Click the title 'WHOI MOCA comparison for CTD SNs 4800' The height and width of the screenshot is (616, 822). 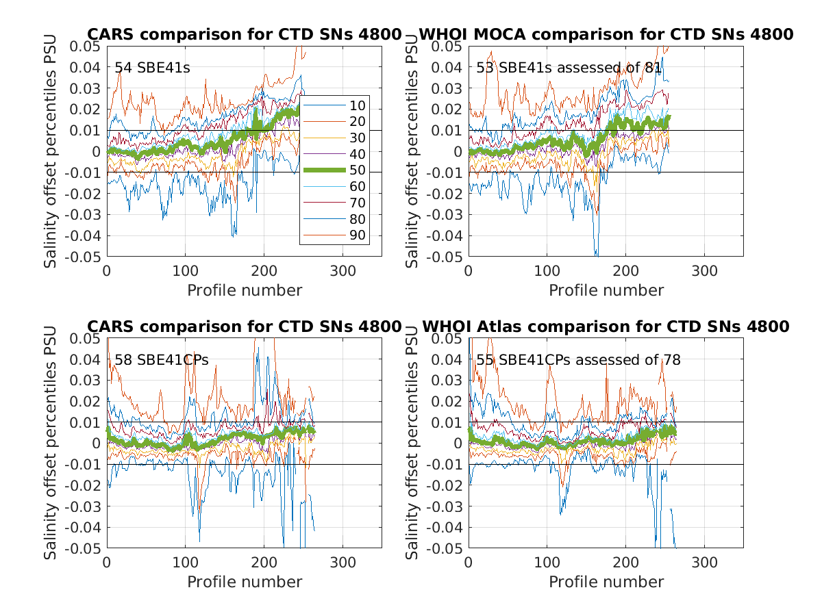606,34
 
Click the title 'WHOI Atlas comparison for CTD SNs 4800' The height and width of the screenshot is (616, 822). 606,326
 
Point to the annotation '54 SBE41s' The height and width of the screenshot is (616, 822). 152,68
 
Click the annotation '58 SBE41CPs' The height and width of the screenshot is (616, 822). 162,360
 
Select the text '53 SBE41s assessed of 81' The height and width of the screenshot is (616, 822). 569,68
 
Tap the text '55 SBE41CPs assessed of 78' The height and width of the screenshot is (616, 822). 579,360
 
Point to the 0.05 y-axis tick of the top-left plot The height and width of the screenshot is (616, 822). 88,47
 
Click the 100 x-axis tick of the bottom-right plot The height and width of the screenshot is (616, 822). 547,563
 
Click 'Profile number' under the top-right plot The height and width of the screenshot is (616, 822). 606,290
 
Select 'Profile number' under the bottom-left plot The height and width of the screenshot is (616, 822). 245,582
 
